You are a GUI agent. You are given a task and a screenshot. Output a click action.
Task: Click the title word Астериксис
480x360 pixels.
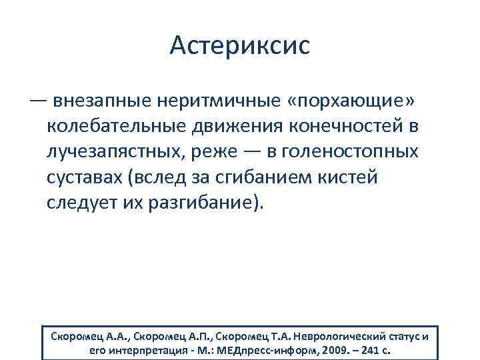[x=239, y=46]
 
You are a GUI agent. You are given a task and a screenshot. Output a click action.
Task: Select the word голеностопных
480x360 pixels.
[x=351, y=152]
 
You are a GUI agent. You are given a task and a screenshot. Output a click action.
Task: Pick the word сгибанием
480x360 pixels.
[x=284, y=177]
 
